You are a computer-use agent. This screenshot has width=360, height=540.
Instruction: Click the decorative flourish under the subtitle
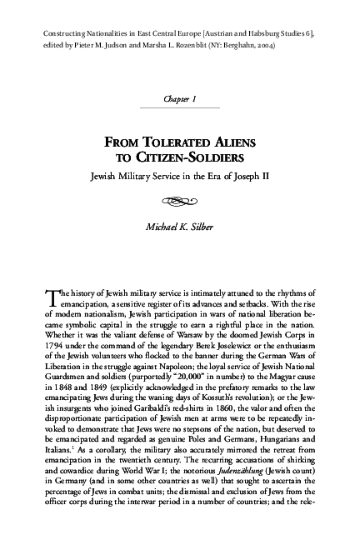point(180,199)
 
